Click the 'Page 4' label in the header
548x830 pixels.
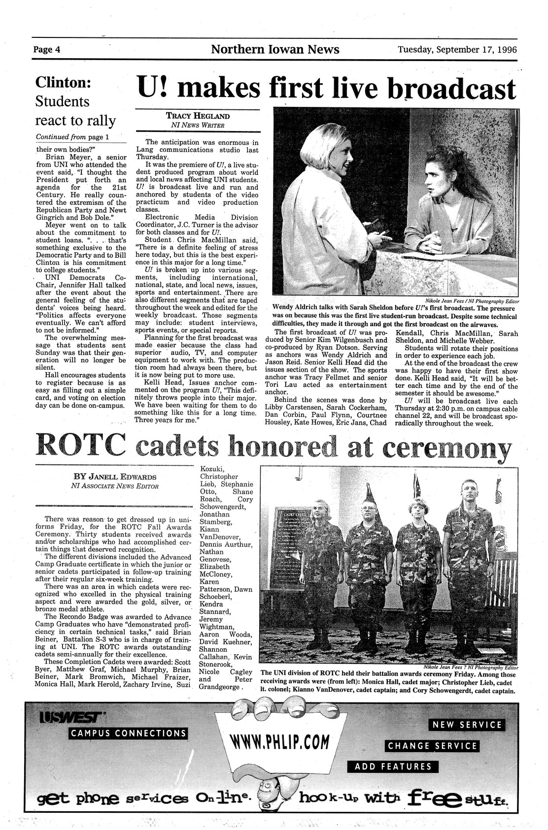coord(47,50)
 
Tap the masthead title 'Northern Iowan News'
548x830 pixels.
coord(275,49)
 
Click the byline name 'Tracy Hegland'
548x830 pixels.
coord(197,116)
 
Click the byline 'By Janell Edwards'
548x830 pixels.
coord(114,477)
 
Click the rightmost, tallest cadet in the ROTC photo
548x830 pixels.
coord(465,557)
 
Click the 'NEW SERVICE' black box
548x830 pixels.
coord(466,725)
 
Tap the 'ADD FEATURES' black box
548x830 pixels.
coord(392,766)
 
